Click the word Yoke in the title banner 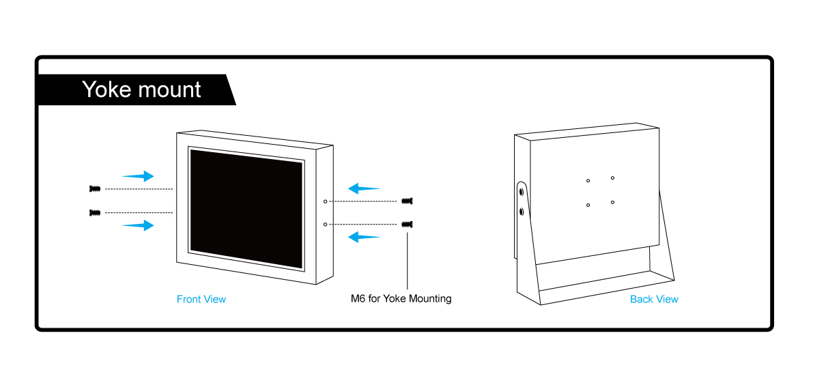[x=107, y=89]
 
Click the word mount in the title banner [x=169, y=90]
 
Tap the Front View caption [x=201, y=299]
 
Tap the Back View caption [x=654, y=299]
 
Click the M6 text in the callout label [x=358, y=298]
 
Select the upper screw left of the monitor [x=95, y=188]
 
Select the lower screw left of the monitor [x=95, y=213]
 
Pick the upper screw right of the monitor [x=408, y=201]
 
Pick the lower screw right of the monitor [x=408, y=224]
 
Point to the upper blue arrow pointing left [x=364, y=188]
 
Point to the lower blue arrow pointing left [x=364, y=237]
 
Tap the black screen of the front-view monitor [x=246, y=208]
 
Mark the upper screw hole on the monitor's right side [x=326, y=201]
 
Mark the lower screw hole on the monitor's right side [x=326, y=224]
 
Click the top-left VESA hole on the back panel [x=588, y=181]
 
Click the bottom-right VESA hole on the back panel [x=613, y=202]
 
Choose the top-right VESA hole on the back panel [x=612, y=178]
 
